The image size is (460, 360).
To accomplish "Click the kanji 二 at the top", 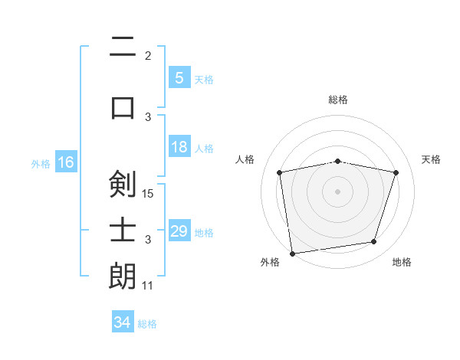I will [123, 47].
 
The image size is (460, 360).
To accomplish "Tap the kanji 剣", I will [123, 184].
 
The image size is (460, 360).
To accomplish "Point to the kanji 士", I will [123, 230].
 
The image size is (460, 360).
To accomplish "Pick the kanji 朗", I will [123, 276].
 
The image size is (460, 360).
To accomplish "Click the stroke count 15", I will [149, 193].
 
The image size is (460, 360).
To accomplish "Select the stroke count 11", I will [148, 286].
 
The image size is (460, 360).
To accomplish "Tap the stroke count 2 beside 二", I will [148, 56].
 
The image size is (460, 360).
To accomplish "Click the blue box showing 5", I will [179, 77].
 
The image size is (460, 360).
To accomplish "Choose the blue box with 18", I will [179, 147].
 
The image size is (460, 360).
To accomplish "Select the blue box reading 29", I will [179, 231].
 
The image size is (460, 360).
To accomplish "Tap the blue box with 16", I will [66, 162].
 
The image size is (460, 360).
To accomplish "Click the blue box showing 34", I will [122, 322].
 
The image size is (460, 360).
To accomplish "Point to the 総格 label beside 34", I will [147, 324].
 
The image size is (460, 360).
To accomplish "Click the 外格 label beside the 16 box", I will [41, 163].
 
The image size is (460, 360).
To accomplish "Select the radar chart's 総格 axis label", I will [337, 100].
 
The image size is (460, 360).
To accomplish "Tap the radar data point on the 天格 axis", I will [396, 172].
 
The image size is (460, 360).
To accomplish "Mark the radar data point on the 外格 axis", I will [292, 253].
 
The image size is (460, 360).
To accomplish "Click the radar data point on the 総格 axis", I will [337, 161].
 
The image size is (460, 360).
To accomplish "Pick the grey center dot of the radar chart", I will [337, 191].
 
